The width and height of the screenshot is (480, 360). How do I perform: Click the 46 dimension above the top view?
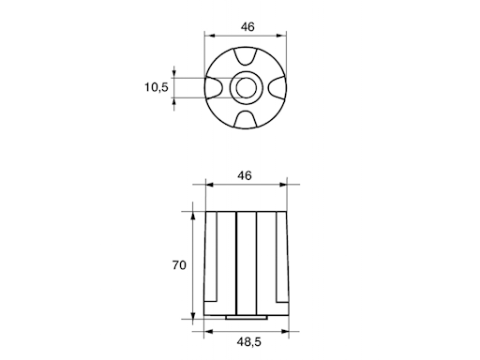(x=247, y=26)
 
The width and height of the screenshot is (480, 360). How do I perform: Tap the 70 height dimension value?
(x=179, y=265)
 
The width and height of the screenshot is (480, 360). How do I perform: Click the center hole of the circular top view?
(x=247, y=88)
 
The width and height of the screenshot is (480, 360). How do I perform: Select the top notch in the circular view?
(x=247, y=56)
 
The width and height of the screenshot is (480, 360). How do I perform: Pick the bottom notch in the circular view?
(x=247, y=120)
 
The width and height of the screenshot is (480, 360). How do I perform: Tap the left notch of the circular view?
(x=216, y=88)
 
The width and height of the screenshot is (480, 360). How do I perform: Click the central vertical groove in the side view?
(x=247, y=262)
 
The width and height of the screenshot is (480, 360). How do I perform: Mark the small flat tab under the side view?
(x=247, y=318)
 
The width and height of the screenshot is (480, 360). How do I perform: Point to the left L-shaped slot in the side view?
(x=216, y=262)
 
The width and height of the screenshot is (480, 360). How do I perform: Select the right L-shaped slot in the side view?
(x=278, y=262)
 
